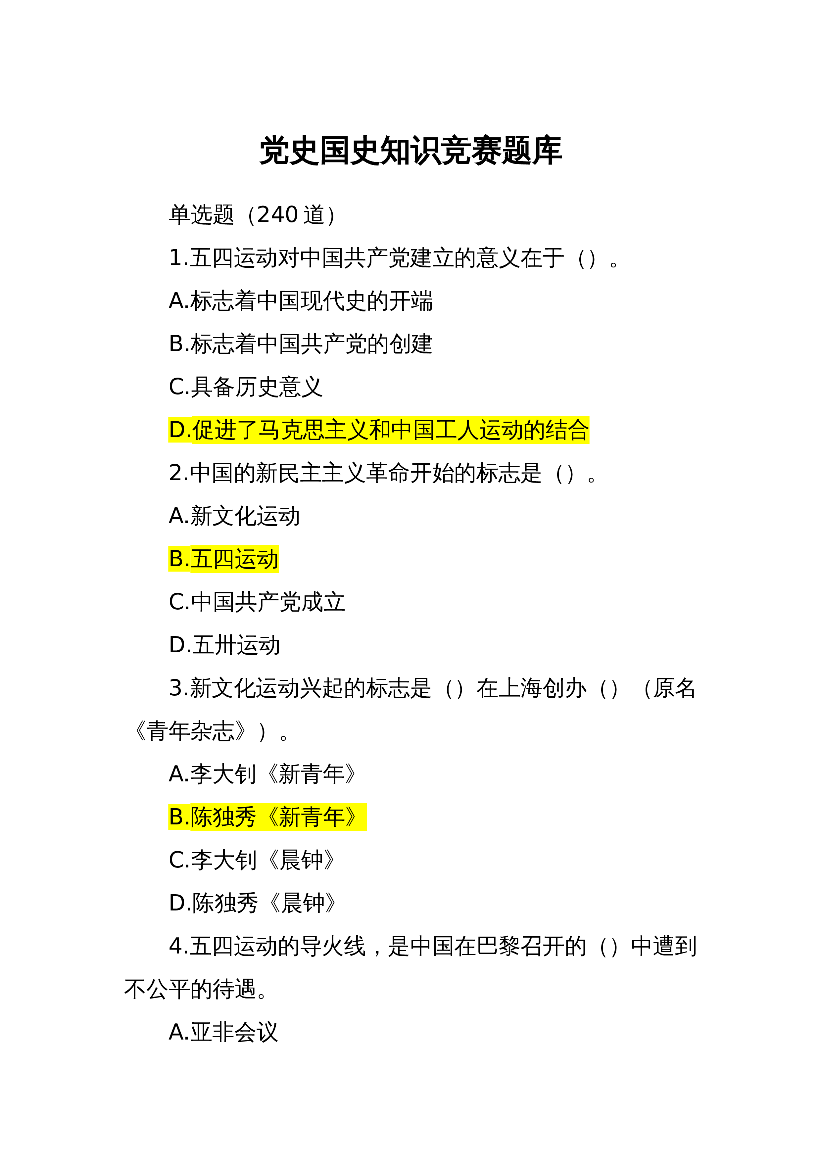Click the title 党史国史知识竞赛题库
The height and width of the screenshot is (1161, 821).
pyautogui.click(x=410, y=151)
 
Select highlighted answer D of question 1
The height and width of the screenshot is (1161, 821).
pyautogui.click(x=378, y=430)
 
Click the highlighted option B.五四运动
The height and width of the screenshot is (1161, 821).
pyautogui.click(x=223, y=559)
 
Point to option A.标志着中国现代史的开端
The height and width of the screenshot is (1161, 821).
pyautogui.click(x=301, y=301)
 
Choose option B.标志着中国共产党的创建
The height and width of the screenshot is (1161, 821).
pyautogui.click(x=301, y=344)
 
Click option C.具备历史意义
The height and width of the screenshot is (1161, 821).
pyautogui.click(x=245, y=387)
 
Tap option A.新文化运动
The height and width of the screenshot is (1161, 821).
pyautogui.click(x=234, y=516)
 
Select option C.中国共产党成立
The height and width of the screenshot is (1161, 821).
pyautogui.click(x=257, y=602)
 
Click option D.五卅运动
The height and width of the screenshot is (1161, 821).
pyautogui.click(x=224, y=645)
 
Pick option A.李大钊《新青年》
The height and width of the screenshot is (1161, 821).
pyautogui.click(x=263, y=774)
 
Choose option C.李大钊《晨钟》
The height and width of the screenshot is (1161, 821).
pyautogui.click(x=252, y=859)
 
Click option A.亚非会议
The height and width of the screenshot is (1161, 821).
pyautogui.click(x=223, y=1032)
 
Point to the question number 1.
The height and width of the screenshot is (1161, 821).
pyautogui.click(x=175, y=258)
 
